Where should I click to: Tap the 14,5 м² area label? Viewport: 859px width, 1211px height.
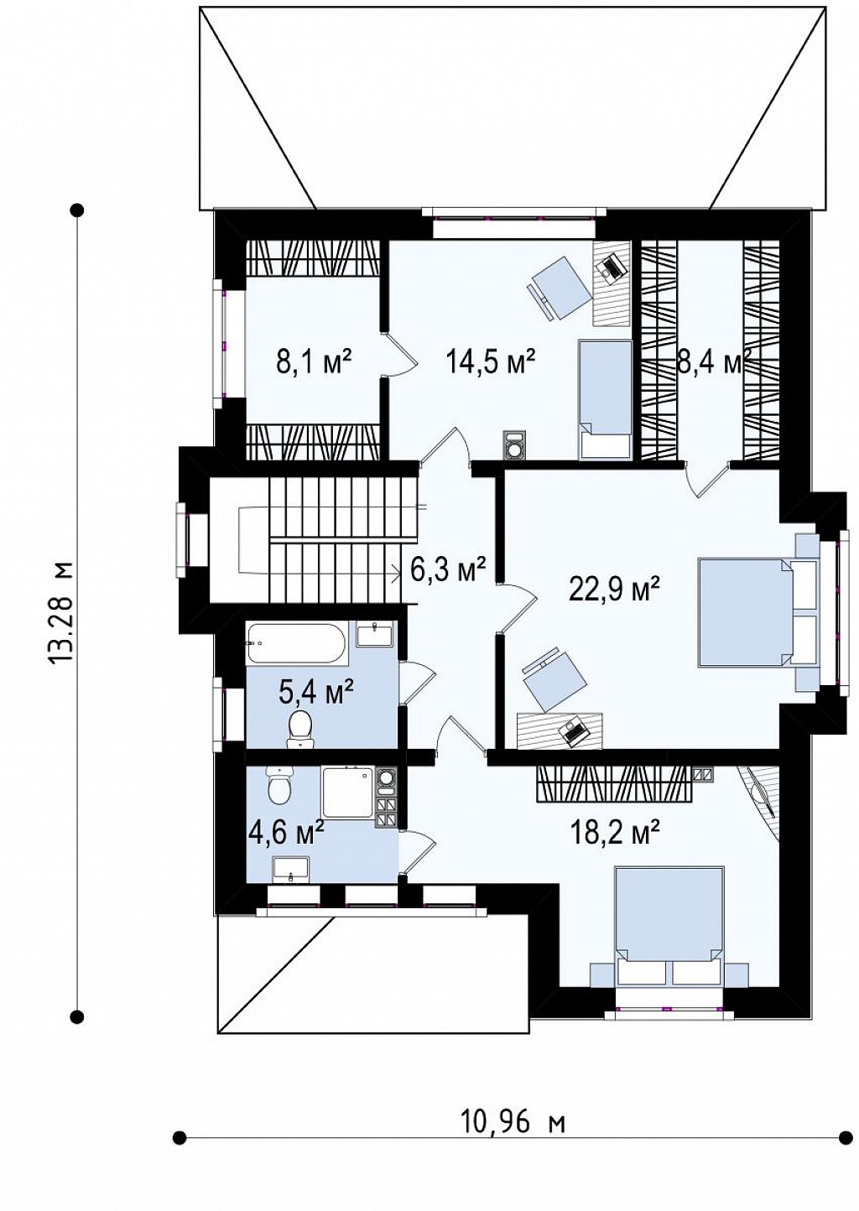click(491, 361)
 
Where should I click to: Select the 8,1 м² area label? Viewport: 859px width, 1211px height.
click(315, 361)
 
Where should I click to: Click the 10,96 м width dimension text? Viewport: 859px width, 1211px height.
click(513, 1165)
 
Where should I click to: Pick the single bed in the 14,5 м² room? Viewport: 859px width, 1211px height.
click(606, 400)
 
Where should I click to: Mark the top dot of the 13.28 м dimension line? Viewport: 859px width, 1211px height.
click(78, 210)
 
